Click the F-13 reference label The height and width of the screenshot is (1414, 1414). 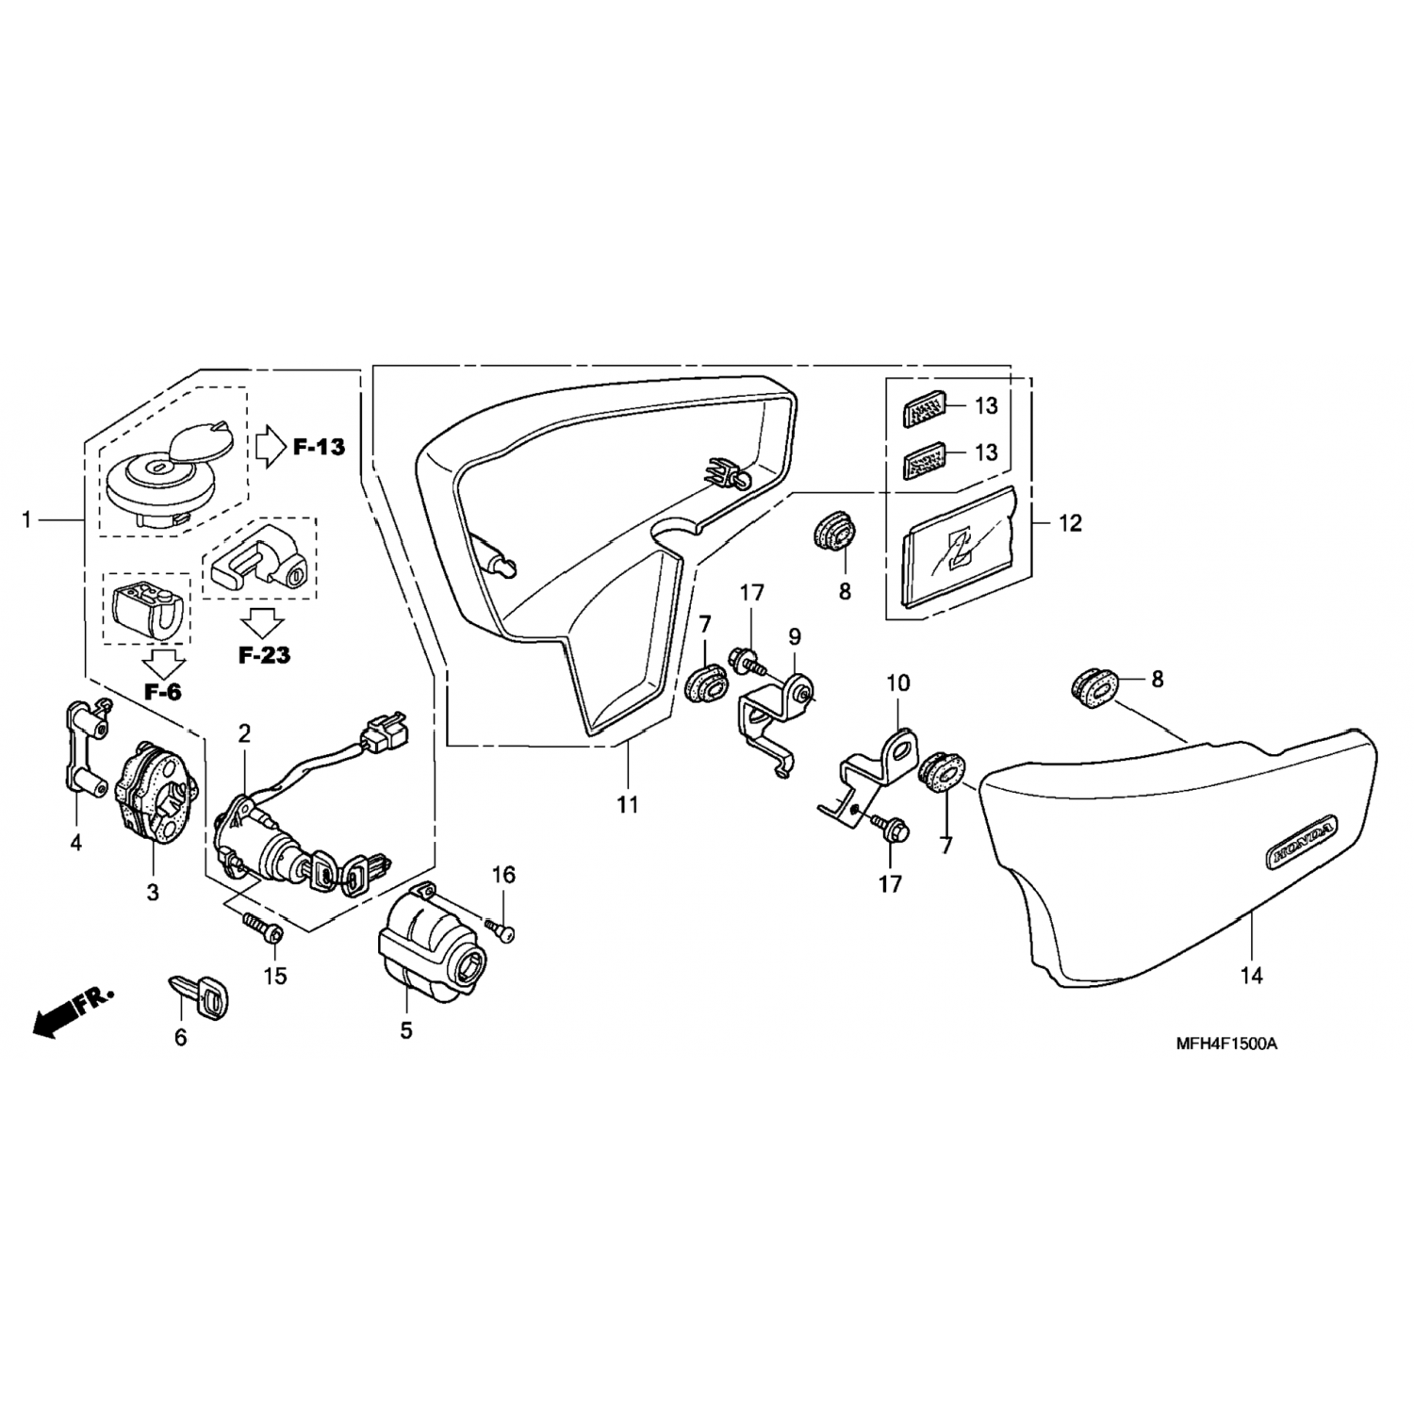pos(319,447)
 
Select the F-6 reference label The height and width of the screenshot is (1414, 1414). pos(162,692)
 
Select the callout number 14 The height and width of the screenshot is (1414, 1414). pos(1251,976)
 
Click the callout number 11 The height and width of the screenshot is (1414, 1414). pos(628,804)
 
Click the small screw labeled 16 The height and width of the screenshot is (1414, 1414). pos(502,930)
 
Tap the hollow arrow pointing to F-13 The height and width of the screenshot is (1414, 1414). pos(269,447)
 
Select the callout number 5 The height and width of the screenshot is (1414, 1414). pos(406,1030)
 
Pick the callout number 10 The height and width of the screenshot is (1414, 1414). pos(897,682)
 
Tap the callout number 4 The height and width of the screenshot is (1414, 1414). pos(76,842)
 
